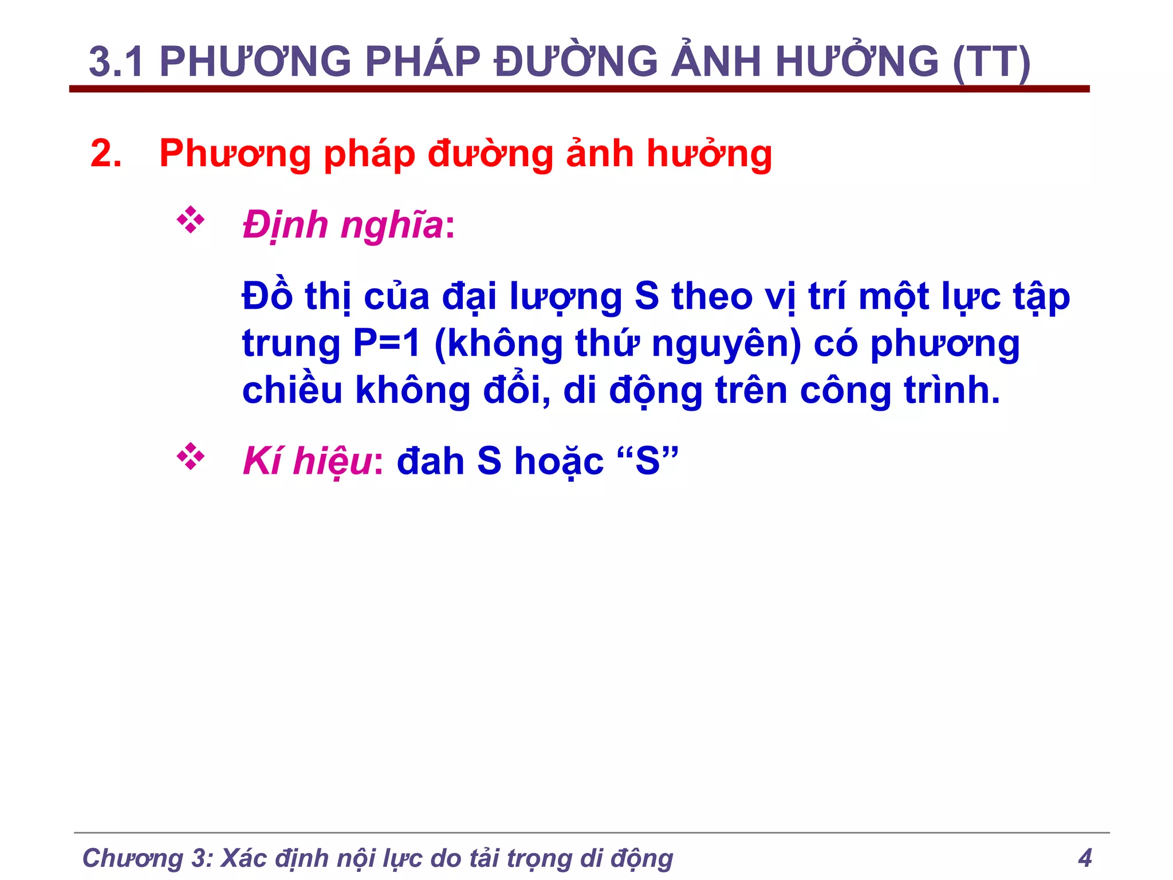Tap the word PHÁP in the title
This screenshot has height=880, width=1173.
click(x=422, y=62)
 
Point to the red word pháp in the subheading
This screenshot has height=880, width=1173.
click(x=369, y=155)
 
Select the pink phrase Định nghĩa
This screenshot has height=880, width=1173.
click(x=343, y=225)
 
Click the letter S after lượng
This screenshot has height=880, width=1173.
click(x=647, y=297)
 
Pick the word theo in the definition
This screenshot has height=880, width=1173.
click(x=713, y=297)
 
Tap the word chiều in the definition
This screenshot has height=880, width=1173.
click(x=292, y=390)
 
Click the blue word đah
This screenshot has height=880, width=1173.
click(x=430, y=461)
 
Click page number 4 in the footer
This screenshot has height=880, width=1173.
click(x=1085, y=858)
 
